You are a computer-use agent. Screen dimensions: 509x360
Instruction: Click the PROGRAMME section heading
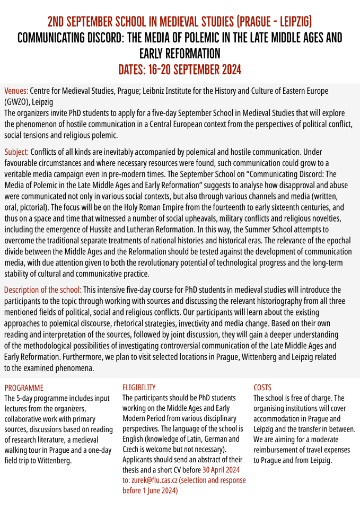24,388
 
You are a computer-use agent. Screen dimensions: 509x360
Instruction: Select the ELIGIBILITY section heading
139,388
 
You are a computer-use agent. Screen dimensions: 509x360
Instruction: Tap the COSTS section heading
262,388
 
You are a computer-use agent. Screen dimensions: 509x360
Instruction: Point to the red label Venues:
16,91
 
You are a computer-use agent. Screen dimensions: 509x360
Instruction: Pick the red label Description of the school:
43,289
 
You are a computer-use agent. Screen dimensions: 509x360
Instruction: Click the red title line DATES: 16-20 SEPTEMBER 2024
180,69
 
